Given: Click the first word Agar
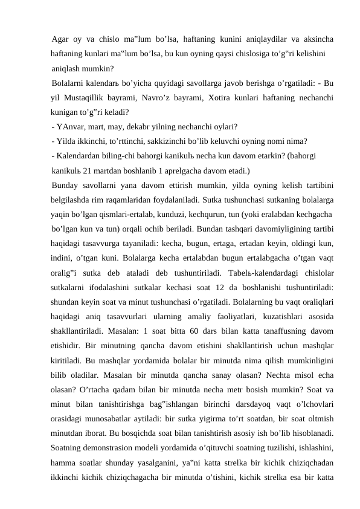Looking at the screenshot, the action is click(x=60, y=40).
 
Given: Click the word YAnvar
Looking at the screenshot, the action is click(x=72, y=126).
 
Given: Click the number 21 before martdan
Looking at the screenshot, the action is click(x=88, y=170).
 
